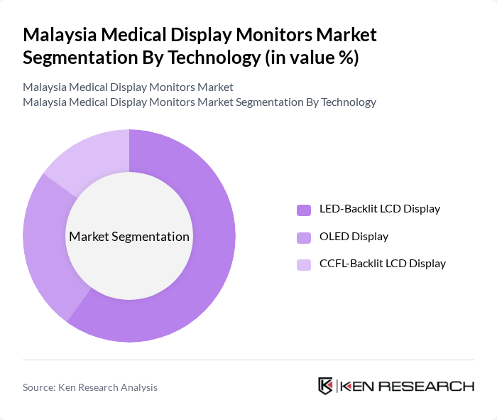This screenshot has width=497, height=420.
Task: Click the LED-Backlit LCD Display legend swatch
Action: pyautogui.click(x=304, y=210)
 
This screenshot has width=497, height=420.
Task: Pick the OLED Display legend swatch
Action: pyautogui.click(x=304, y=237)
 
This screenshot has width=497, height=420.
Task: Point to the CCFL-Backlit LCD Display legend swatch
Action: pyautogui.click(x=304, y=264)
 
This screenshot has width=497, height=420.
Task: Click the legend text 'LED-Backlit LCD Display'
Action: pyautogui.click(x=380, y=209)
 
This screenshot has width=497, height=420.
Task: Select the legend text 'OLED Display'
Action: pyautogui.click(x=354, y=237)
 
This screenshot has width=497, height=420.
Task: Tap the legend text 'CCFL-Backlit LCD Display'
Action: pyautogui.click(x=383, y=264)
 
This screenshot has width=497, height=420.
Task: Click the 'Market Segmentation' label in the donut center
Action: pyautogui.click(x=129, y=237)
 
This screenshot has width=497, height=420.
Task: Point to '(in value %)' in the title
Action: pyautogui.click(x=312, y=58)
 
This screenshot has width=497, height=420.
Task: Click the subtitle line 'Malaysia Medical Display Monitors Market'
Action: pyautogui.click(x=128, y=87)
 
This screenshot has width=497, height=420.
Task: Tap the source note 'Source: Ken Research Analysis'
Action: pyautogui.click(x=90, y=387)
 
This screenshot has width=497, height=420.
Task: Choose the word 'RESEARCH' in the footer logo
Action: pyautogui.click(x=426, y=387)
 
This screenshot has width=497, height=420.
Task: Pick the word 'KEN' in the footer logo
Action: pyautogui.click(x=358, y=387)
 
